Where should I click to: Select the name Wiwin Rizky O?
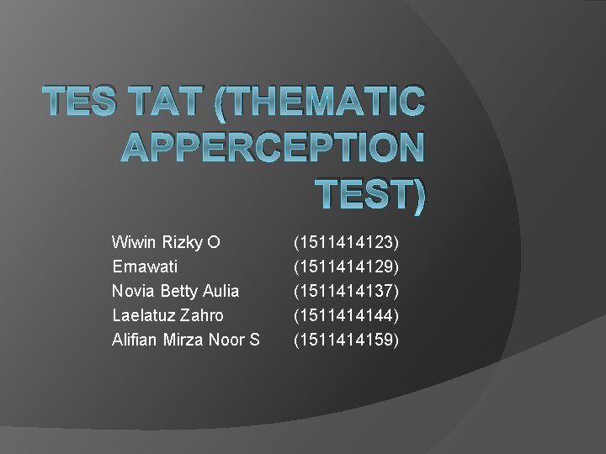[166, 243]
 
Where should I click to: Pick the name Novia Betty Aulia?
[175, 291]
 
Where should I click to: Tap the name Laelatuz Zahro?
[167, 315]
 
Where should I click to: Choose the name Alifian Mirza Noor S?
[185, 340]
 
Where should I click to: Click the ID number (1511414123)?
[346, 243]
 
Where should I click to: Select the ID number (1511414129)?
[346, 267]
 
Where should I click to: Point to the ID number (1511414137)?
[346, 291]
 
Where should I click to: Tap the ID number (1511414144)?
[346, 315]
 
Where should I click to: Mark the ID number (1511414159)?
[346, 340]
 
